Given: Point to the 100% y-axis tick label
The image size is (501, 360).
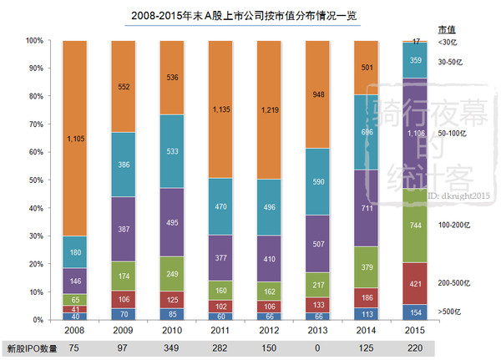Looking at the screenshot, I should point(33,40).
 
